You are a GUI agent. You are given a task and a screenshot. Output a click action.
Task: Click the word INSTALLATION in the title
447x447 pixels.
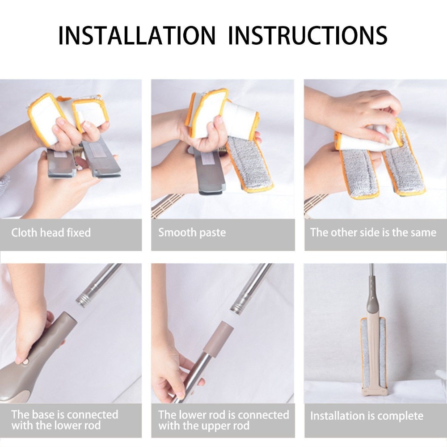(x=136, y=35)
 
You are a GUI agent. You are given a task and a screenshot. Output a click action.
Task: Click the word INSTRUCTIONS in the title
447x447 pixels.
(x=308, y=35)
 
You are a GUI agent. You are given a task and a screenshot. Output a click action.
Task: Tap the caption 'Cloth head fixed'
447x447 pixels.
(x=51, y=232)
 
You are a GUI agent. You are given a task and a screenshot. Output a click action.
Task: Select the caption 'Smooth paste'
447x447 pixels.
(x=192, y=232)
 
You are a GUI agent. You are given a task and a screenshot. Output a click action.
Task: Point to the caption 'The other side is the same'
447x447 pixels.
(x=373, y=232)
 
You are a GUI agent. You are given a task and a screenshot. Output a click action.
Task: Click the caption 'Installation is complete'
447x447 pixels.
(x=367, y=416)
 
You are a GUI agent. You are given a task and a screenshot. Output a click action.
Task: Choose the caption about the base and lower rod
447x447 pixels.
(x=65, y=420)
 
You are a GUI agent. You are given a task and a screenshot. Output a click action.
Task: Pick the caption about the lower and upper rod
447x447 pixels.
(x=223, y=420)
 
